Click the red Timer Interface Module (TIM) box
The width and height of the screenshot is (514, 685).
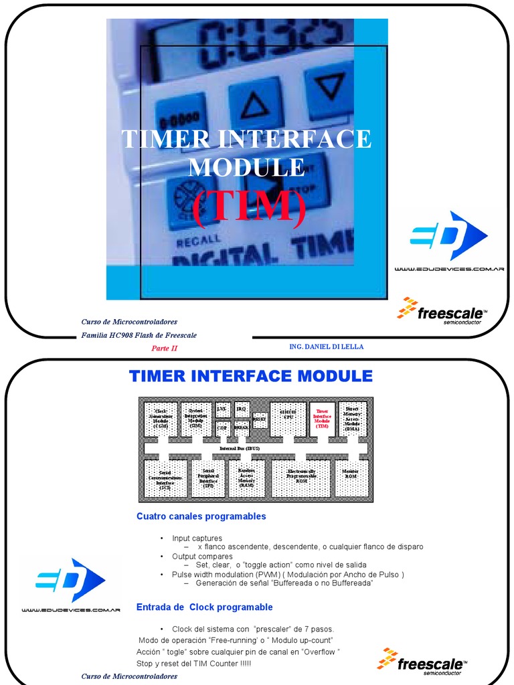tap(323, 418)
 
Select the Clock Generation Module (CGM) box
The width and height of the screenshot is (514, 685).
tap(161, 418)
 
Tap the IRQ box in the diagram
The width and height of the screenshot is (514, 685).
tap(242, 408)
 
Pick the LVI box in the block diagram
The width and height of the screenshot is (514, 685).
tap(222, 408)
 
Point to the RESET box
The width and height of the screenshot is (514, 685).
tap(260, 418)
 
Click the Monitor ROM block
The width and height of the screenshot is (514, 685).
tap(351, 478)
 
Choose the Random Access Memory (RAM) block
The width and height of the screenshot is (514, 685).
tap(246, 478)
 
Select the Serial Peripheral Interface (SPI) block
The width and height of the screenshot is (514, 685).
tap(208, 478)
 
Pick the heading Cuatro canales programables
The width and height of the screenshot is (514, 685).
tap(201, 516)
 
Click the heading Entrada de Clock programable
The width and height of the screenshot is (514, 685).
tap(204, 607)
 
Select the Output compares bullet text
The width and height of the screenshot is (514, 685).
tap(202, 556)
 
